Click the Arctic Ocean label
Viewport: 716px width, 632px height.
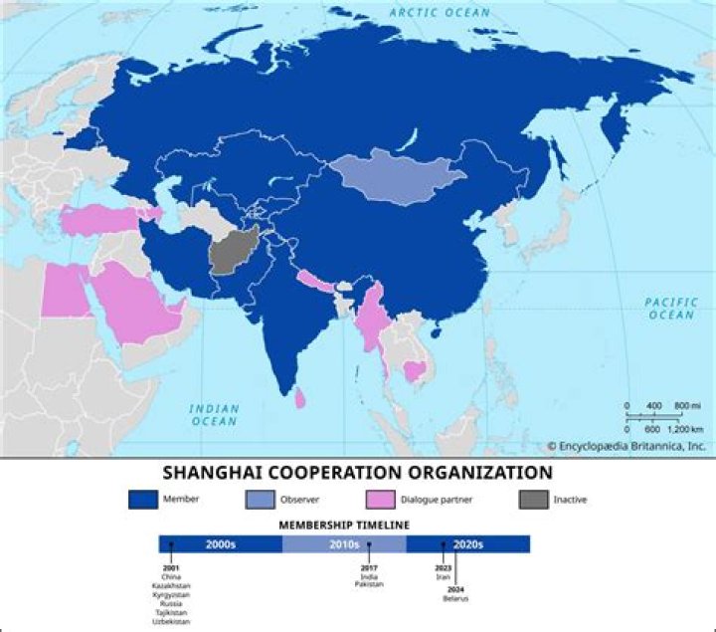coord(440,12)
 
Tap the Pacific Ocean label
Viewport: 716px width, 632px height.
coord(671,309)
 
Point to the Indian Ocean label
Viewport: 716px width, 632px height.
coord(215,414)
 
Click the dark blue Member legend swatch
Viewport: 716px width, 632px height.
coord(144,498)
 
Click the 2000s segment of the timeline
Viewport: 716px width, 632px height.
coord(221,544)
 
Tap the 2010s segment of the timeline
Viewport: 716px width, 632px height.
coord(344,544)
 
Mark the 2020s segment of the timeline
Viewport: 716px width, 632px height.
coord(467,544)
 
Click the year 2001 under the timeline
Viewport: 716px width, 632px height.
coord(170,568)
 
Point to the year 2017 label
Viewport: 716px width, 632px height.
coord(369,568)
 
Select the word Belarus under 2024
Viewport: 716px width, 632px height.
coord(455,598)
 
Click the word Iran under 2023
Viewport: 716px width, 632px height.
coord(444,576)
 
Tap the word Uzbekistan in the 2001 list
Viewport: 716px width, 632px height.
coord(170,621)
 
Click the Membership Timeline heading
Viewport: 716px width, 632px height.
coord(344,525)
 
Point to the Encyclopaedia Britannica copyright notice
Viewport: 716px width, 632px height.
coord(626,446)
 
